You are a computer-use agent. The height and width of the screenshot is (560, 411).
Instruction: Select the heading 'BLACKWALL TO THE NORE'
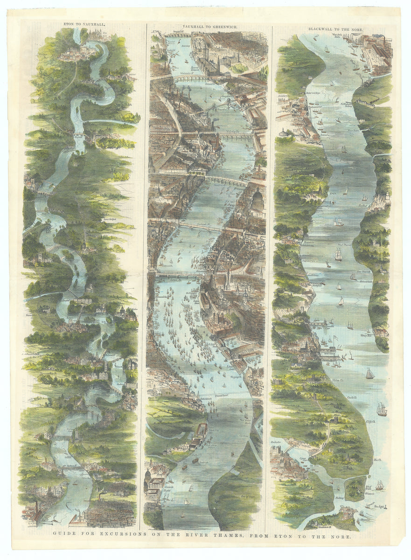coord(335,29)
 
